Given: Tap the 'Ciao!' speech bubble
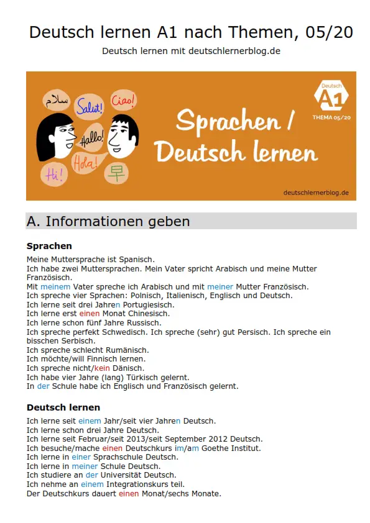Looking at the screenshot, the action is pyautogui.click(x=123, y=99).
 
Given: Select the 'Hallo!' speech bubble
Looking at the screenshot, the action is pyautogui.click(x=93, y=138).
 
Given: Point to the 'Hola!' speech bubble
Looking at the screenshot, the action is pyautogui.click(x=86, y=163).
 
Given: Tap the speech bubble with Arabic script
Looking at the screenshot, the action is pyautogui.click(x=57, y=100).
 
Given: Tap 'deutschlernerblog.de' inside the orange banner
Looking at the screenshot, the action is pyautogui.click(x=316, y=193).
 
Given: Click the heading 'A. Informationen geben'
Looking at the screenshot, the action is pyautogui.click(x=108, y=222).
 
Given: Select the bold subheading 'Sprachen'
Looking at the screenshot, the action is pyautogui.click(x=49, y=246).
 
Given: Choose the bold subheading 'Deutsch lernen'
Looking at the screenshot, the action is pyautogui.click(x=63, y=407).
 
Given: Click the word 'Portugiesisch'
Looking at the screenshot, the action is pyautogui.click(x=148, y=305).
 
